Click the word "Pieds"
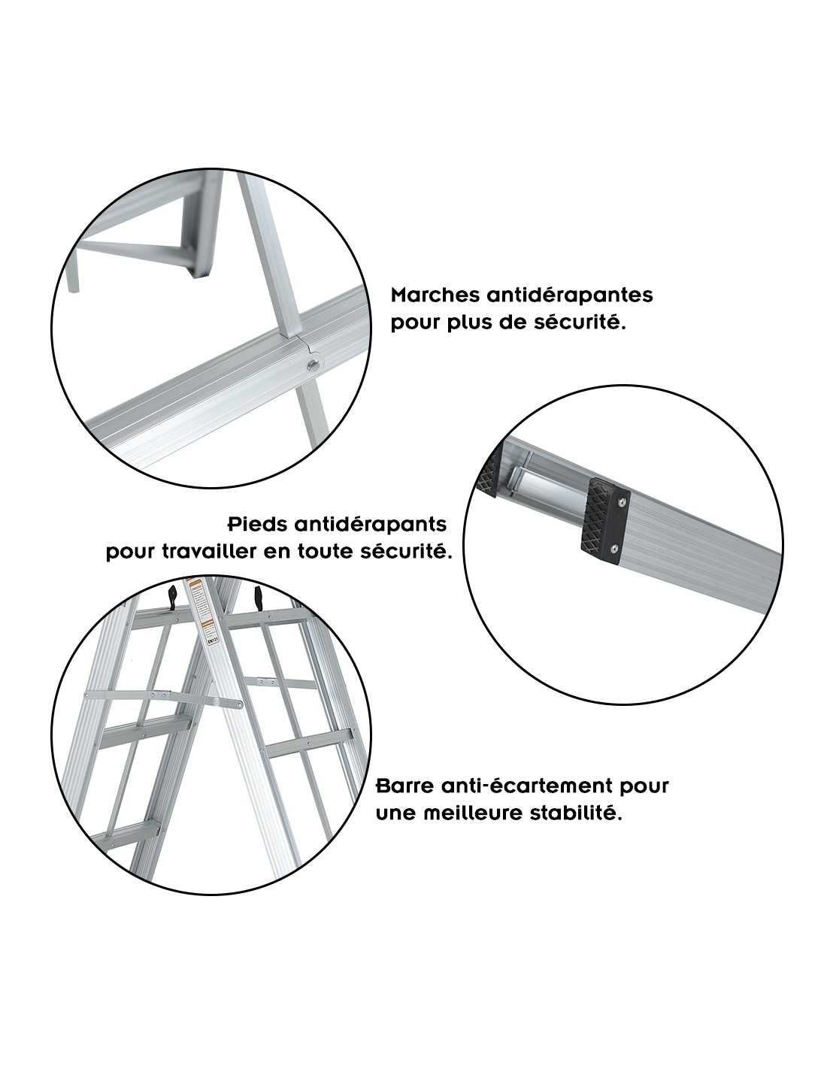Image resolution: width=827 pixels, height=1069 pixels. [x=259, y=524]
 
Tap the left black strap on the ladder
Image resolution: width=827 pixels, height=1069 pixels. [x=173, y=597]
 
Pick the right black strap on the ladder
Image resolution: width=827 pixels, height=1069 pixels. [x=259, y=598]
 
